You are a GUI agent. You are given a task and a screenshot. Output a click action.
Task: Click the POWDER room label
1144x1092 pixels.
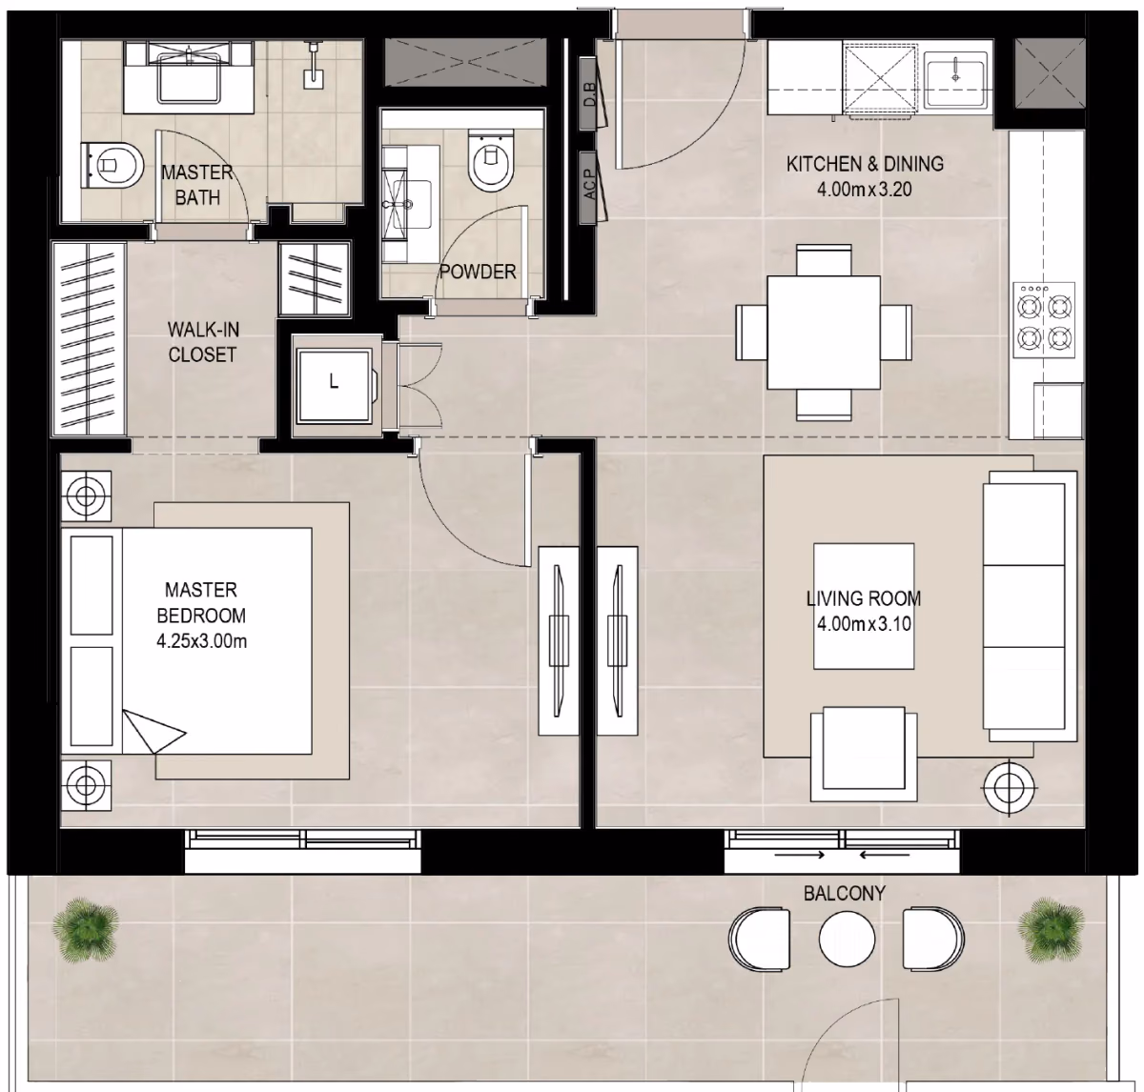[x=478, y=272]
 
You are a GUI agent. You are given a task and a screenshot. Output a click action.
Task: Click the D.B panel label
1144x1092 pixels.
[x=590, y=93]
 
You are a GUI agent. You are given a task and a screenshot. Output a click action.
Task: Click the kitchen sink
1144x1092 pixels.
[x=955, y=77]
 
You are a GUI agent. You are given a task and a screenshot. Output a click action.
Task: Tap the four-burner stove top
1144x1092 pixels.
[x=1044, y=320]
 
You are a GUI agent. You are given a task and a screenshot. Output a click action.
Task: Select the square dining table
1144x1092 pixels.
[x=824, y=333]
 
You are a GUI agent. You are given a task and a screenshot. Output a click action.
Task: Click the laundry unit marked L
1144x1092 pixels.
[x=335, y=386]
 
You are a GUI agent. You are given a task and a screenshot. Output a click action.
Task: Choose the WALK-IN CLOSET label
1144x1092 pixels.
[x=203, y=342]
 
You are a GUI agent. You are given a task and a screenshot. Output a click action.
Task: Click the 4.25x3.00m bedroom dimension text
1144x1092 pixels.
[x=201, y=641]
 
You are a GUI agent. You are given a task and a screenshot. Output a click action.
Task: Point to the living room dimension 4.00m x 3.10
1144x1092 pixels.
[x=864, y=623]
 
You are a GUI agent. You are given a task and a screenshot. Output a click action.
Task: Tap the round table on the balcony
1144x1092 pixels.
[x=847, y=939]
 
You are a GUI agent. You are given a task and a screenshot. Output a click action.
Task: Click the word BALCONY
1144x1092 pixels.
[x=845, y=894]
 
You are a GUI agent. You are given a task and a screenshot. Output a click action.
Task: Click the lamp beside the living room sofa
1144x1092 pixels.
[x=1010, y=788]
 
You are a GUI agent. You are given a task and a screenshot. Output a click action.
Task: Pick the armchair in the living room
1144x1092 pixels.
[x=864, y=754]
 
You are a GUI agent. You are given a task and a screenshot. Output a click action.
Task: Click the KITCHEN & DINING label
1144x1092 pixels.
[x=865, y=164]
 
